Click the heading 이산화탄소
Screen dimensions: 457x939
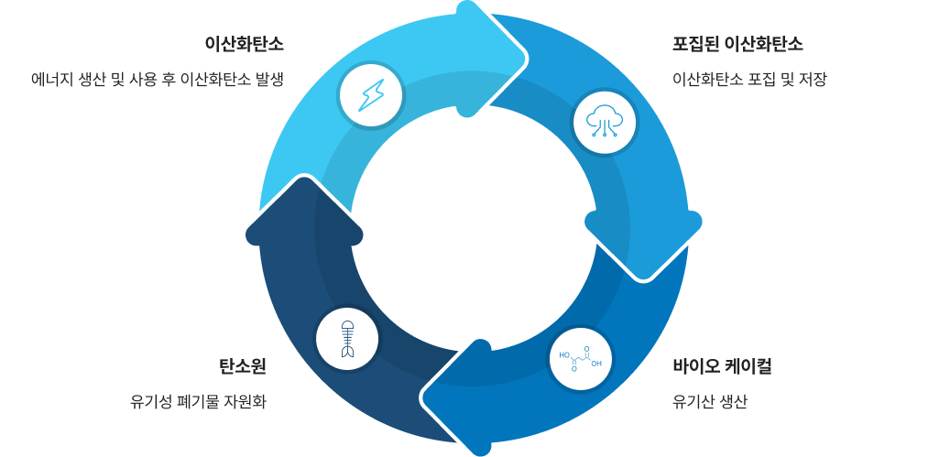(x=244, y=44)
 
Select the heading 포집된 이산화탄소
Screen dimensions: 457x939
(x=737, y=44)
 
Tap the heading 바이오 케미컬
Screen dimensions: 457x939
(x=722, y=367)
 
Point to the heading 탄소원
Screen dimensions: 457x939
(x=242, y=367)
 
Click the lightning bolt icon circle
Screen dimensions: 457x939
(x=371, y=94)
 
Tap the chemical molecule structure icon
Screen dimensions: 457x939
(x=581, y=358)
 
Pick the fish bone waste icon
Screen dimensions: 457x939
(x=347, y=339)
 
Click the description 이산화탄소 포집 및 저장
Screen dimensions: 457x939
(x=749, y=80)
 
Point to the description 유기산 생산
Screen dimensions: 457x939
(x=710, y=401)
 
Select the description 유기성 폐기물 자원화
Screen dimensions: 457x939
(x=198, y=401)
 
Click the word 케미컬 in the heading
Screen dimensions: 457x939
(x=748, y=367)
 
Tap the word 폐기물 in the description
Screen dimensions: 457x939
(x=195, y=401)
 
